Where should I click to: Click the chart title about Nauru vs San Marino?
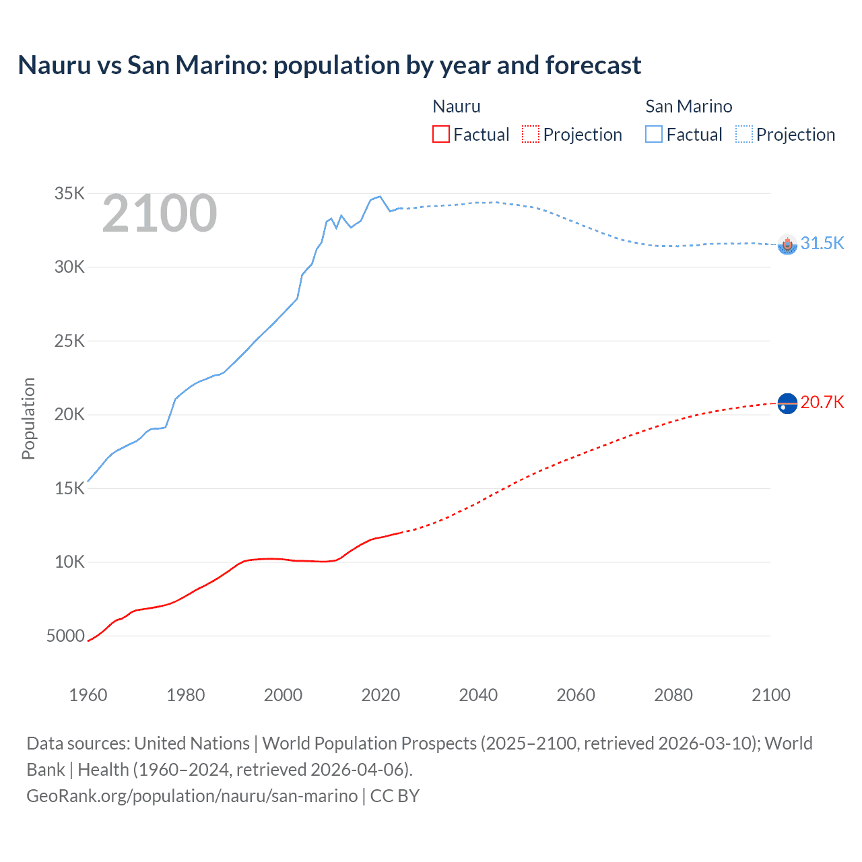[x=329, y=65]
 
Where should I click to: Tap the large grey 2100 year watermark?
[x=160, y=214]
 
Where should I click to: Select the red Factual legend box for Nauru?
[x=440, y=134]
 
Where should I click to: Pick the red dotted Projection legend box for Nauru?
[x=531, y=134]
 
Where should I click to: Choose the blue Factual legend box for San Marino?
[x=654, y=134]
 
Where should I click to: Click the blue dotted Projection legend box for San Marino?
[x=744, y=134]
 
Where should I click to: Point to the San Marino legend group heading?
[x=688, y=106]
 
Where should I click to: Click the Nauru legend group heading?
[x=456, y=106]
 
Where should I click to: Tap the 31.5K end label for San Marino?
[x=822, y=243]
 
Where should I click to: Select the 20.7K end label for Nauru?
[x=822, y=402]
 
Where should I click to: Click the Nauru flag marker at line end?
[x=787, y=403]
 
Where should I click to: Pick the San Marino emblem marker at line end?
[x=787, y=244]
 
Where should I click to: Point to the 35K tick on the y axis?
[x=69, y=194]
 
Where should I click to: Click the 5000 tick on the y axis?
[x=65, y=636]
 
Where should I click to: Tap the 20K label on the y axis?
[x=69, y=415]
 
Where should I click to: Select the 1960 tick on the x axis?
[x=88, y=695]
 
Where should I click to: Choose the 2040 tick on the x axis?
[x=478, y=695]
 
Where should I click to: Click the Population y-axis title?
[x=28, y=418]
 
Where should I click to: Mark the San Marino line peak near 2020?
[x=380, y=197]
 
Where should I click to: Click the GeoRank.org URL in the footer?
[x=192, y=796]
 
